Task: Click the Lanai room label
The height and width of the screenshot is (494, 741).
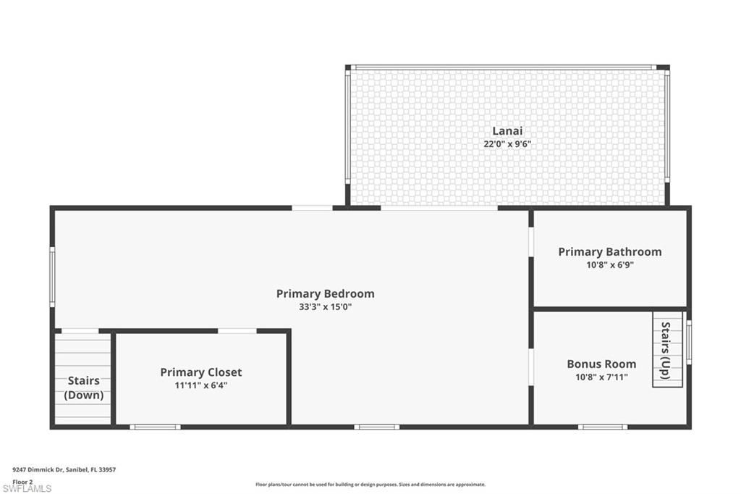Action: point(507,131)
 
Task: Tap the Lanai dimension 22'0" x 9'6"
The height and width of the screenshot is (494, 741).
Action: point(507,144)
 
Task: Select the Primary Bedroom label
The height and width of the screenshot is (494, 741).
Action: point(326,293)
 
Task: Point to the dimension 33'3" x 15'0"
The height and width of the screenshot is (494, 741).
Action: point(326,306)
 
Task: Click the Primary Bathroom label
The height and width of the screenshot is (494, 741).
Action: point(610,252)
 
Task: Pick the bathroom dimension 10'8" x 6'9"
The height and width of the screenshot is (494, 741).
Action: point(610,265)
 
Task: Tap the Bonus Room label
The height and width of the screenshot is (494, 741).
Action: point(601,364)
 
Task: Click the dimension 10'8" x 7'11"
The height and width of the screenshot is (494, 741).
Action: point(601,377)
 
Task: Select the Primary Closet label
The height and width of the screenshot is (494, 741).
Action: point(201,372)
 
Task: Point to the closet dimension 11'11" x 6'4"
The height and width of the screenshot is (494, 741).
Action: point(201,385)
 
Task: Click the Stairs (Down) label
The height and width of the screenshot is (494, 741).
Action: point(84,388)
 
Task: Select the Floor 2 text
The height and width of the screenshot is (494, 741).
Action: point(22,481)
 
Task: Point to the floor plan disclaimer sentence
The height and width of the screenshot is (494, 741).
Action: point(370,485)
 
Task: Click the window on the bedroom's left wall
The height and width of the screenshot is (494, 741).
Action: point(52,277)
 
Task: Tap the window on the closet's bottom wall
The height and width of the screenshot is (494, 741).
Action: point(155,427)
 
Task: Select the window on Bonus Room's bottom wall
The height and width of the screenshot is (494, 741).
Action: point(603,427)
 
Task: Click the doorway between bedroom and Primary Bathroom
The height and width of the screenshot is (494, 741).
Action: point(531,243)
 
